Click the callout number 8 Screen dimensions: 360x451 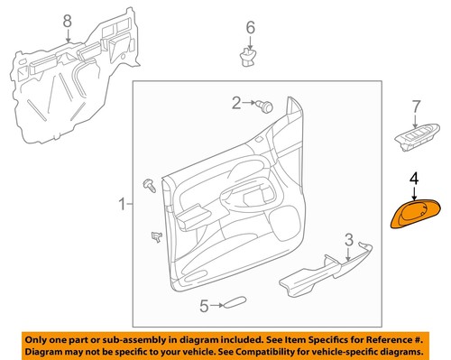pos(66,20)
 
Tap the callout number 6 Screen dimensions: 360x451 pos(251,28)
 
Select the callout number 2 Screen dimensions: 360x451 pos(236,104)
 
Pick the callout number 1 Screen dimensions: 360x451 pos(123,207)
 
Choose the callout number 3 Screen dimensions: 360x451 pos(348,239)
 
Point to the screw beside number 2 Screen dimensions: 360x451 pos(265,106)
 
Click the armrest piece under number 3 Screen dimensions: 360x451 pos(325,276)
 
